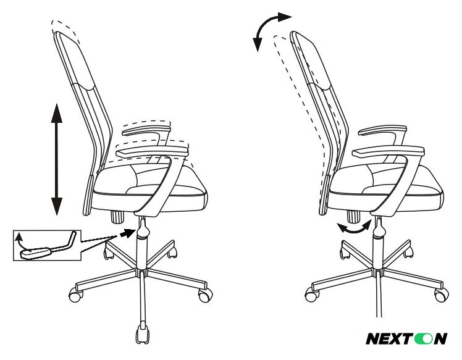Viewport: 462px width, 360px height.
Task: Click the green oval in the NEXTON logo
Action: coord(423,338)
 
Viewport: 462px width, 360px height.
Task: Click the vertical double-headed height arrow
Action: coord(57,159)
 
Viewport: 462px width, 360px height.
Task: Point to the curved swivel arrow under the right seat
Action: coord(354,228)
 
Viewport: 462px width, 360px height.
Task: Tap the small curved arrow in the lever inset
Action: coord(19,240)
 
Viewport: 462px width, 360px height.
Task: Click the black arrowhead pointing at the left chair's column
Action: coord(127,233)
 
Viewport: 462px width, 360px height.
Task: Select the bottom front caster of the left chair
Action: coord(143,333)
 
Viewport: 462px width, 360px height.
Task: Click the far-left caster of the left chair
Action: coord(76,295)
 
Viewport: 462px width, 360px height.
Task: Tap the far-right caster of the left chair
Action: coord(205,295)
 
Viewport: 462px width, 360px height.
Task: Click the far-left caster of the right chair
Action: coord(312,295)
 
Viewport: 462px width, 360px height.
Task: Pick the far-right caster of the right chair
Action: coord(442,295)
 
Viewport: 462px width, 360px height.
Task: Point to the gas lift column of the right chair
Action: coord(379,243)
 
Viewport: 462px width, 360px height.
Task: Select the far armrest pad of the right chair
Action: coord(382,130)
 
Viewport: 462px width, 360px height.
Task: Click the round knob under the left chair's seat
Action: coord(117,217)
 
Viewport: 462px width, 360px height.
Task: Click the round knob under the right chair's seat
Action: coord(353,217)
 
